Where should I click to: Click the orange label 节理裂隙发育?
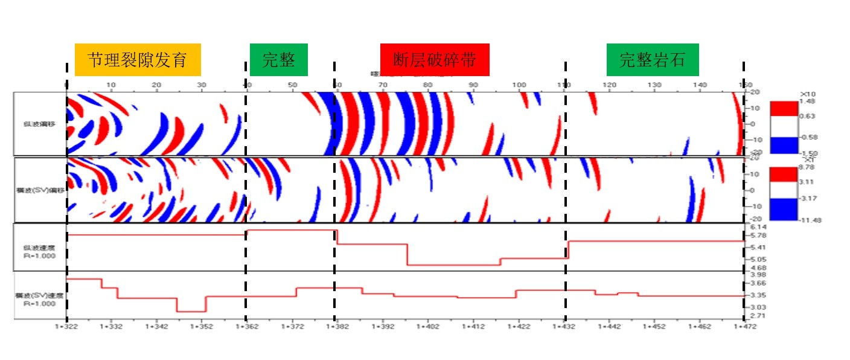(138, 60)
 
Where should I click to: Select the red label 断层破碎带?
(434, 60)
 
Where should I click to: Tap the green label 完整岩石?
(653, 60)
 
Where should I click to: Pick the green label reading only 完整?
(278, 60)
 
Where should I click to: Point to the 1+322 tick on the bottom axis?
(67, 326)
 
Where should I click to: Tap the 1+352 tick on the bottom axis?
(202, 326)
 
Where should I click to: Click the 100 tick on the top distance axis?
(519, 85)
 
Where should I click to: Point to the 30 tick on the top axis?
(202, 85)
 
